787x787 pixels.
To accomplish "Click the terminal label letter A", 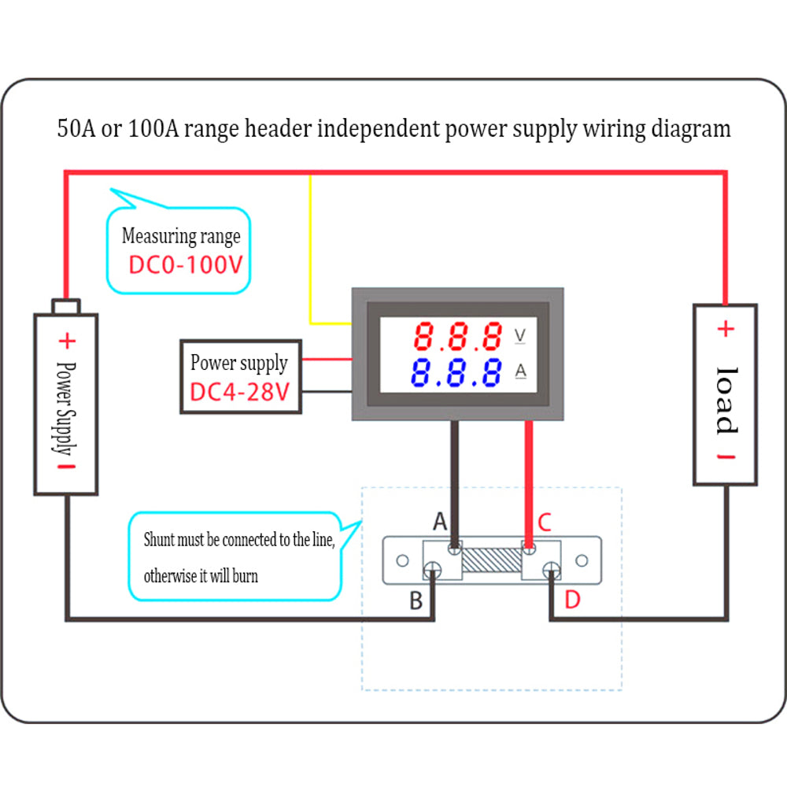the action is (440, 522).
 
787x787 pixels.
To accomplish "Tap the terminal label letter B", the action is (416, 600).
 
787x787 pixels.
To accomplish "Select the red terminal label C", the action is (545, 522).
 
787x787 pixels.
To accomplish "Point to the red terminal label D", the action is (572, 600).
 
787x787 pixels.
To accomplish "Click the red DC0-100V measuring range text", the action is (186, 265).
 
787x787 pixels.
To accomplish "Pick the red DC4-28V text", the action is (240, 392).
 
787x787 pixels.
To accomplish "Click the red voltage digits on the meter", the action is (458, 336).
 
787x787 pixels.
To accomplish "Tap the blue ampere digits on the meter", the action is (456, 372).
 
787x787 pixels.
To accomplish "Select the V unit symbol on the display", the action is (520, 335).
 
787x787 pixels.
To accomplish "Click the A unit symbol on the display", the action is (521, 371).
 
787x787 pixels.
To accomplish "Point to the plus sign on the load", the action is (726, 329).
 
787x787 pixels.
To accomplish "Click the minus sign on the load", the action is (726, 456).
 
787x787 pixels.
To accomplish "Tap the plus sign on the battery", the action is (67, 342).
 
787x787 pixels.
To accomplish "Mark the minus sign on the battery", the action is (66, 467).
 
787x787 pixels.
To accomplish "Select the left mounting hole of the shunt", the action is (402, 560).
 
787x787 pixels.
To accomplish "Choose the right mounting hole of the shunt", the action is (582, 560).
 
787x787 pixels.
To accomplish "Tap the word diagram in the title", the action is (691, 129).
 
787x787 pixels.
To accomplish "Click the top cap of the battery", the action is (66, 307).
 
